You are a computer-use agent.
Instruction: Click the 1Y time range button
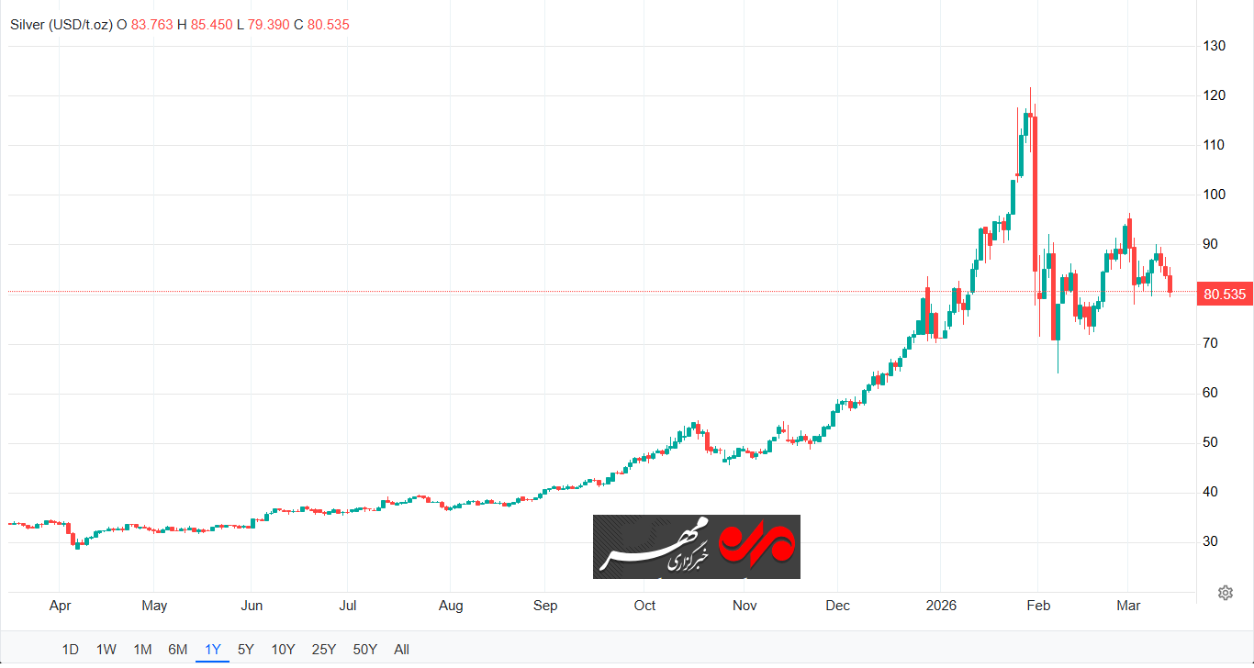[x=213, y=650]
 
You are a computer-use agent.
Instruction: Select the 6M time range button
[x=178, y=650]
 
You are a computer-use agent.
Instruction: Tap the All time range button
[x=401, y=650]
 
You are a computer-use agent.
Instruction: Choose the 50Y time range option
[x=365, y=650]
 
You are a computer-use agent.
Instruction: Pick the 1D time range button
[x=71, y=650]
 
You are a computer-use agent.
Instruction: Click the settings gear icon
[x=1225, y=593]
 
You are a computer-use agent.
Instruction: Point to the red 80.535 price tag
[x=1226, y=295]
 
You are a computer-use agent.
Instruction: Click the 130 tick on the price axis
[x=1215, y=46]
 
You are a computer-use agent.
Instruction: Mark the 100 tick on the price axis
[x=1215, y=195]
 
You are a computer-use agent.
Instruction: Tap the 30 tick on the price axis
[x=1211, y=541]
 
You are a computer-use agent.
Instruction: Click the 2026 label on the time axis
[x=941, y=606]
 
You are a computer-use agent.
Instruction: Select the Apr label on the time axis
[x=60, y=606]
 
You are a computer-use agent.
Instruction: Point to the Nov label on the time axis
[x=745, y=606]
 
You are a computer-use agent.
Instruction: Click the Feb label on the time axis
[x=1038, y=606]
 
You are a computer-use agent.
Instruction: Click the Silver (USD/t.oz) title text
[x=61, y=25]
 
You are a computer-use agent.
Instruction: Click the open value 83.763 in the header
[x=151, y=25]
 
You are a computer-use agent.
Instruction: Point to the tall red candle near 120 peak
[x=1035, y=193]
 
